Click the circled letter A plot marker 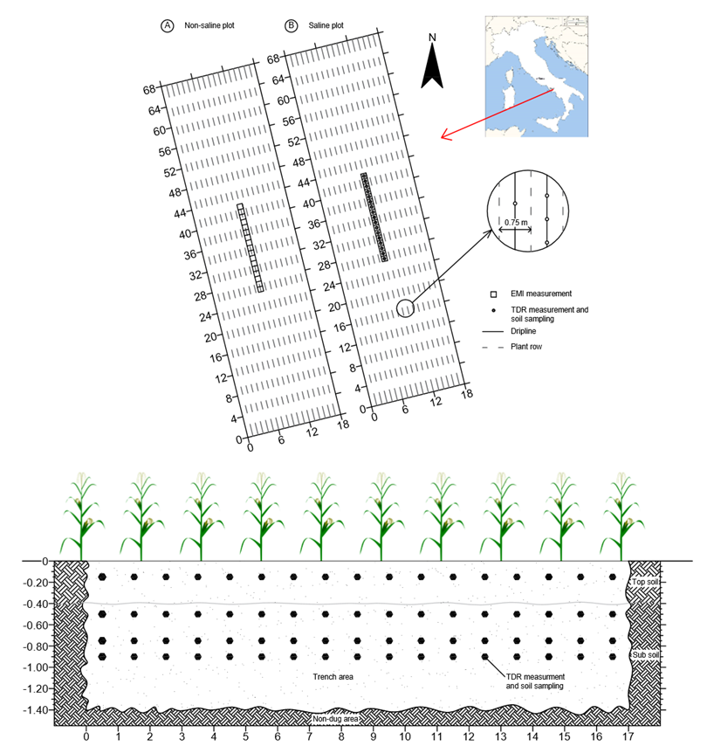point(166,26)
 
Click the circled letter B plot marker point(291,26)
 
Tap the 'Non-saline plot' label point(209,26)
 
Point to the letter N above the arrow point(432,38)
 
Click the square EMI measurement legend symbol point(493,294)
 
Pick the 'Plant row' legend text point(527,348)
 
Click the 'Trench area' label point(337,677)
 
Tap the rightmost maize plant point(622,515)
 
